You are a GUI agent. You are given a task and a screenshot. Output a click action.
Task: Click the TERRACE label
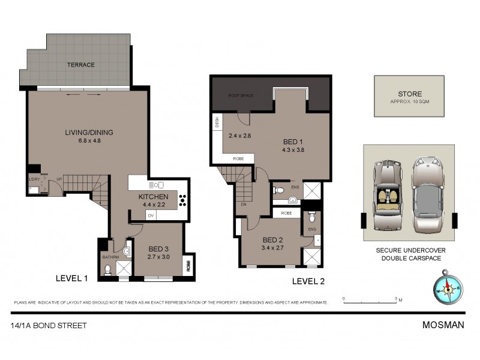[x=80, y=65]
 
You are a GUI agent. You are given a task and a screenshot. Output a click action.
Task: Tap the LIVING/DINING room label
[x=89, y=133]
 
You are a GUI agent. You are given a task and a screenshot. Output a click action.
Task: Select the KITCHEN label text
[x=152, y=197]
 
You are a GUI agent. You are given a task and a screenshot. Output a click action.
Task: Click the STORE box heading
[x=409, y=94]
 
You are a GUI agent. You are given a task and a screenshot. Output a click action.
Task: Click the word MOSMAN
[x=443, y=325]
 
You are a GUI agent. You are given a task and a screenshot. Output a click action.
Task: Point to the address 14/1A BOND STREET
[x=49, y=325]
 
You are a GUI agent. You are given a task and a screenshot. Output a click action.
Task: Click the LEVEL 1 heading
[x=71, y=278]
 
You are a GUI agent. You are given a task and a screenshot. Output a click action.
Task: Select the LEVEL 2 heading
[x=308, y=281]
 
